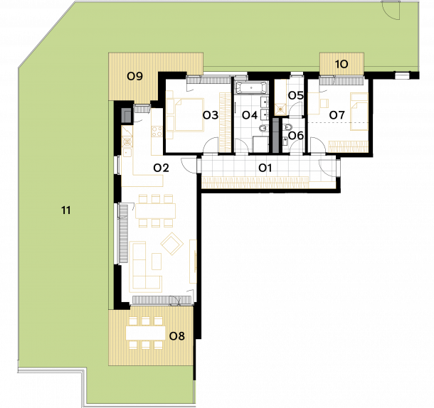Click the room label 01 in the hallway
pos(265,168)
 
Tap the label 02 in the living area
pos(161,168)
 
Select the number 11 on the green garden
pos(66,210)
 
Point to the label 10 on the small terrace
pos(342,65)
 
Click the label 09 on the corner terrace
pos(134,76)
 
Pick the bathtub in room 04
pos(251,88)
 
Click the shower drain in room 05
pos(281,109)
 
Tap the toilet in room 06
pos(287,127)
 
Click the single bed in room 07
pos(359,112)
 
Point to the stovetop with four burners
pos(157,131)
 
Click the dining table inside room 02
pos(156,211)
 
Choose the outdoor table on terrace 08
pos(146,333)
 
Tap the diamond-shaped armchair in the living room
pos(172,243)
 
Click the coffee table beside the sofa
pos(157,262)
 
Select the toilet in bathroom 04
pos(263,129)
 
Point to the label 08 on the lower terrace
pos(177,336)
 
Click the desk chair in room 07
pos(324,103)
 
